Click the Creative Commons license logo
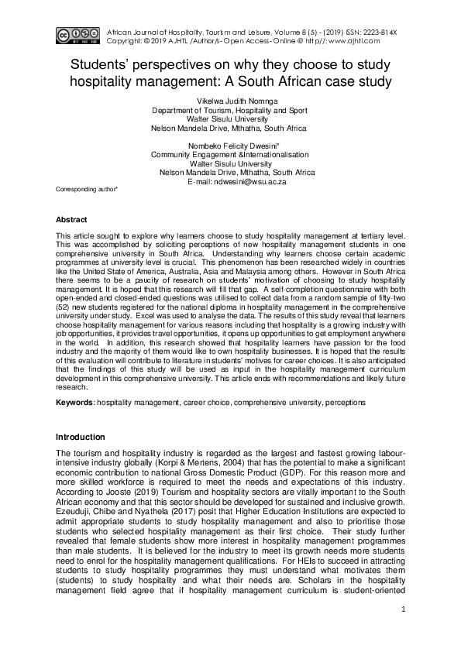[x=77, y=34]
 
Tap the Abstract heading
[x=74, y=219]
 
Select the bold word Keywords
[x=74, y=403]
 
